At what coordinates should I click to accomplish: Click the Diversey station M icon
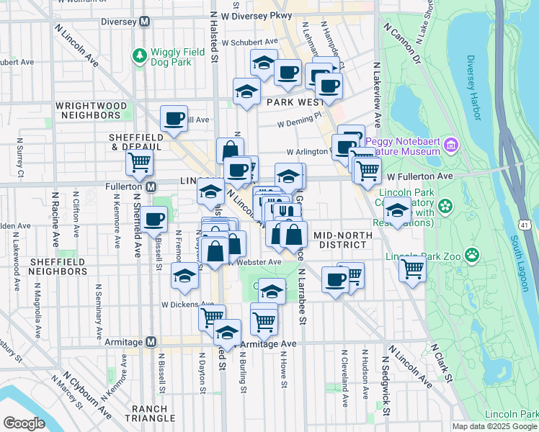pyautogui.click(x=144, y=22)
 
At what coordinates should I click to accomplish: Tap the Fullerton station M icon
pyautogui.click(x=151, y=187)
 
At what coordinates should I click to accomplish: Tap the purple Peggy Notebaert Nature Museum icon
pyautogui.click(x=451, y=146)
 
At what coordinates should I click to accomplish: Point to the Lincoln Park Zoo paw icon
pyautogui.click(x=472, y=254)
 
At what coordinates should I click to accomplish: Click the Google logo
pyautogui.click(x=24, y=423)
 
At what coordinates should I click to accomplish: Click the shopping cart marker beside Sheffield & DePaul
pyautogui.click(x=139, y=162)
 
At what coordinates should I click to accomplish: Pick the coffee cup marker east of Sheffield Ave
pyautogui.click(x=153, y=218)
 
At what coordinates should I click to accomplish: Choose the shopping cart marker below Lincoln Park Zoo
pyautogui.click(x=412, y=269)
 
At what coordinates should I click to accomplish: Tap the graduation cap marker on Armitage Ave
pyautogui.click(x=227, y=333)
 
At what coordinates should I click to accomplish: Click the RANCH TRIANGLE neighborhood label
pyautogui.click(x=149, y=413)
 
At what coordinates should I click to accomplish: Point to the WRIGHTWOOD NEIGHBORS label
pyautogui.click(x=92, y=110)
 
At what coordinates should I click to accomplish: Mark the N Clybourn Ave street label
pyautogui.click(x=86, y=395)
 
